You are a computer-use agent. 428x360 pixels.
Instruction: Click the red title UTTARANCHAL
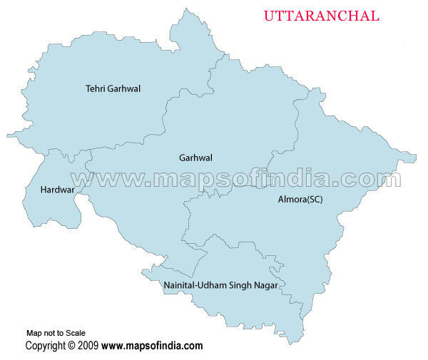(x=322, y=16)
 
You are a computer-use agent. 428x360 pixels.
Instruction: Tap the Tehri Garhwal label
(x=113, y=89)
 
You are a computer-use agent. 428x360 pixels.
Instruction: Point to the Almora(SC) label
(x=300, y=200)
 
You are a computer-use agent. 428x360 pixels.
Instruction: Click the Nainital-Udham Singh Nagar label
(x=220, y=285)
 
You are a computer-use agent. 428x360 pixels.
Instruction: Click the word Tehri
(x=96, y=89)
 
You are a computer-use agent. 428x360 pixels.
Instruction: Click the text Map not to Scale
(x=56, y=333)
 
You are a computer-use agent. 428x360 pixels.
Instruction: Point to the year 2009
(x=88, y=346)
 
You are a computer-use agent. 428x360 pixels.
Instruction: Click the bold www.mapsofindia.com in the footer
(x=152, y=346)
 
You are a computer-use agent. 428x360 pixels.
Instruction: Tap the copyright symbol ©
(x=71, y=346)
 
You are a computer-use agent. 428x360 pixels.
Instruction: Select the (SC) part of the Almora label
(x=314, y=200)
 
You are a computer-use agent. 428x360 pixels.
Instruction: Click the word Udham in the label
(x=213, y=285)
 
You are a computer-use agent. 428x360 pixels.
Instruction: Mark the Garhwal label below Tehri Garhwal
(x=195, y=158)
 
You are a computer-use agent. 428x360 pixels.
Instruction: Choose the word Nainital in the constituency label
(x=179, y=285)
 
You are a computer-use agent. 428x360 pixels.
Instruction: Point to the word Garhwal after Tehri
(x=124, y=89)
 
